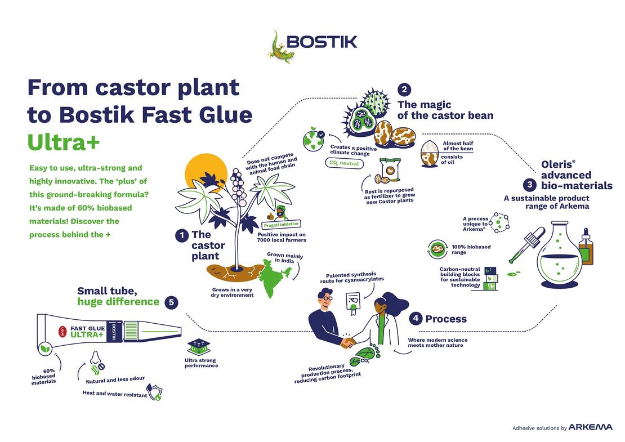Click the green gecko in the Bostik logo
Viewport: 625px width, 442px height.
coord(280,48)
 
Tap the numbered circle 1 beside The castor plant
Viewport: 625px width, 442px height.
coord(182,235)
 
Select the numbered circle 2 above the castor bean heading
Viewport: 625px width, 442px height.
coord(404,90)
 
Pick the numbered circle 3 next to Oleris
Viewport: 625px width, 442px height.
coord(530,185)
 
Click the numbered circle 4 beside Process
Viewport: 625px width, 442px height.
coord(416,318)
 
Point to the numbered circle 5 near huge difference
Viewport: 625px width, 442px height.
coord(171,302)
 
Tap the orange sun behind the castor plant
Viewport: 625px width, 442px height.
coord(203,172)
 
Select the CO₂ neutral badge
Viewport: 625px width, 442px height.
coord(344,163)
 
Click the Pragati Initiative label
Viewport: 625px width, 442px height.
coord(281,225)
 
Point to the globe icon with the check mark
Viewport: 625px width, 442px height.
coord(314,139)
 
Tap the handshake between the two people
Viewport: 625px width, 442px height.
coord(349,342)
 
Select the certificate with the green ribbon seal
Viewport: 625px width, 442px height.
coord(353,303)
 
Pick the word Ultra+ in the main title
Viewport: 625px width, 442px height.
coord(64,142)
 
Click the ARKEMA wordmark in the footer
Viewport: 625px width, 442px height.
coord(590,427)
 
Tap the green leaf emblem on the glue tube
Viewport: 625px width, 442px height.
coord(46,349)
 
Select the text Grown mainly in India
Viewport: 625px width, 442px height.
coord(284,257)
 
